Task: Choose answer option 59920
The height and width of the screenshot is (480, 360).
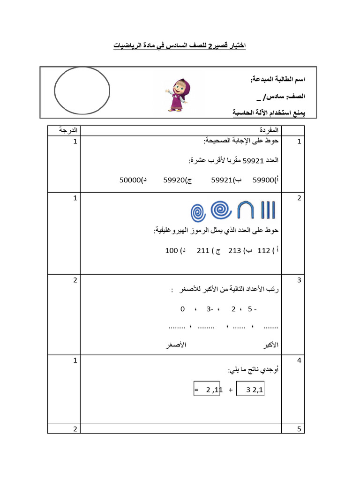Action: pos(173,179)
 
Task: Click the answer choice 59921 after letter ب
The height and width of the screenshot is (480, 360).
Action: pos(221,179)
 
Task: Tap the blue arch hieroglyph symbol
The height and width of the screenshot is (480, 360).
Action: pos(246,210)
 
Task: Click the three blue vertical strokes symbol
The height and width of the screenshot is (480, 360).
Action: pos(268,210)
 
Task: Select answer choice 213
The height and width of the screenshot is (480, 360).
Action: pos(234,250)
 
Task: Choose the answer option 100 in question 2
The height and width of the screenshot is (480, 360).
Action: pos(172,250)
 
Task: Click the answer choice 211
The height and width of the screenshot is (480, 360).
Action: pos(202,250)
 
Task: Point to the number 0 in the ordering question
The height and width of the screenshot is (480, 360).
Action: pos(182,309)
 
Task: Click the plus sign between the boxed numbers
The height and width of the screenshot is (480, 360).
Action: pos(231,390)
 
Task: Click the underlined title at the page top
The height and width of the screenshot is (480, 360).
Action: pos(180,46)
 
